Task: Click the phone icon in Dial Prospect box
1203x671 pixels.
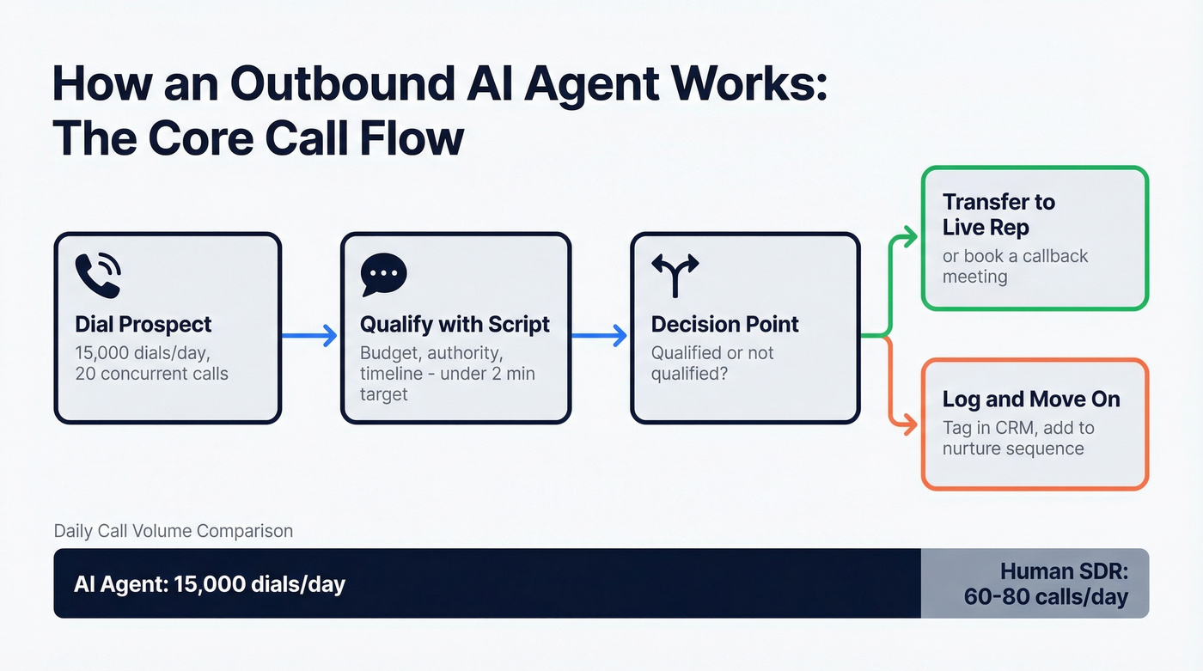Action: pyautogui.click(x=98, y=276)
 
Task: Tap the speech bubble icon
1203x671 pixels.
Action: pyautogui.click(x=383, y=276)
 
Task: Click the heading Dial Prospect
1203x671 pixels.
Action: pyautogui.click(x=144, y=325)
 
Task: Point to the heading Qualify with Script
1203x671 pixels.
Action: pyautogui.click(x=455, y=325)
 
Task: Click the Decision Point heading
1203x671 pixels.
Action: pyautogui.click(x=724, y=325)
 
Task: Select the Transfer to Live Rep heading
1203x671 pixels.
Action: pyautogui.click(x=998, y=215)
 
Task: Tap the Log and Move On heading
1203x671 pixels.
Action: pyautogui.click(x=1031, y=400)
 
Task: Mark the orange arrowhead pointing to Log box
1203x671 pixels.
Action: pyautogui.click(x=909, y=424)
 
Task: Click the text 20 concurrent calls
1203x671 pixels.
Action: pyautogui.click(x=152, y=373)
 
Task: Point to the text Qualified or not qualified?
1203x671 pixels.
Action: pyautogui.click(x=712, y=363)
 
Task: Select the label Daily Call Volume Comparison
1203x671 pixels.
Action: pyautogui.click(x=173, y=531)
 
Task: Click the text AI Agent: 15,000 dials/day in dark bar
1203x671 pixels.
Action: pyautogui.click(x=210, y=585)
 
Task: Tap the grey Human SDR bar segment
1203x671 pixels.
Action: pyautogui.click(x=1035, y=583)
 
